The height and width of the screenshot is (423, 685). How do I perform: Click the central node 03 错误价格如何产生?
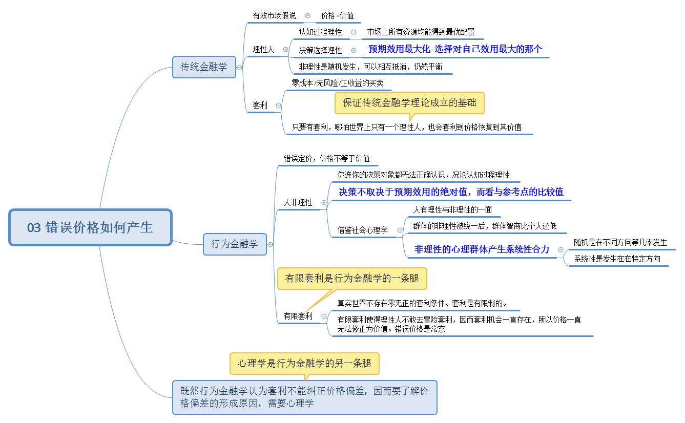point(90,227)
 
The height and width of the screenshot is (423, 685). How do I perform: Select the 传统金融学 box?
point(204,67)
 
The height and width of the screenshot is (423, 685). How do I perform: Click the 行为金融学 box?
point(235,244)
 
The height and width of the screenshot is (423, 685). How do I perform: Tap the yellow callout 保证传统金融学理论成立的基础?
point(409,102)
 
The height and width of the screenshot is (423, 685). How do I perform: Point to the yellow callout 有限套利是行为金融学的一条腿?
point(352,279)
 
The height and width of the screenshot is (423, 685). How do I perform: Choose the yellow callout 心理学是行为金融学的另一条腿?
point(304,364)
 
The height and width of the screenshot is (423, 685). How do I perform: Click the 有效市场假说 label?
point(275,16)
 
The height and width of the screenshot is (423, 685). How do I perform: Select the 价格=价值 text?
point(337,16)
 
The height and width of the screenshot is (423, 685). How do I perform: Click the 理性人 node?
point(263,50)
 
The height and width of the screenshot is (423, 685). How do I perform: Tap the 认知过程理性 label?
point(320,32)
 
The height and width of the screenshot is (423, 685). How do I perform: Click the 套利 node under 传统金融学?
point(260,105)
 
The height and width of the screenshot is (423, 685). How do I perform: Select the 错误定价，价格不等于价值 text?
point(326,158)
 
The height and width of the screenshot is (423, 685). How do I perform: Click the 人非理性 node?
point(298,203)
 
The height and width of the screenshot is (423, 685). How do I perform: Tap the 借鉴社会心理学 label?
point(362,230)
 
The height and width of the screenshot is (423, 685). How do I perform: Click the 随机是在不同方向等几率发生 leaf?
point(620,242)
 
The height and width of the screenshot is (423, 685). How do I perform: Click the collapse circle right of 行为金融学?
point(270,244)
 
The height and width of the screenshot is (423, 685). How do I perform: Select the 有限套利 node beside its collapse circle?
point(298,316)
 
